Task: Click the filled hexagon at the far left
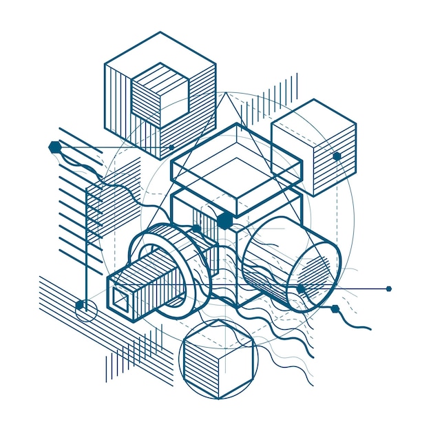pos(54,146)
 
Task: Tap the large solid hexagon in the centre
pos(224,220)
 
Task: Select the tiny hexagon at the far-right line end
pos(389,288)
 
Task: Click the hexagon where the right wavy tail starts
pos(335,308)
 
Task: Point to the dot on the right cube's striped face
pos(337,156)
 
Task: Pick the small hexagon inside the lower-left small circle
pos(80,305)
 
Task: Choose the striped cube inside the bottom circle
pos(216,359)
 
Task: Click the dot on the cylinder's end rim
pos(301,288)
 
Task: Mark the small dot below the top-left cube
pos(171,147)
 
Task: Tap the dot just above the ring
pos(196,228)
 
